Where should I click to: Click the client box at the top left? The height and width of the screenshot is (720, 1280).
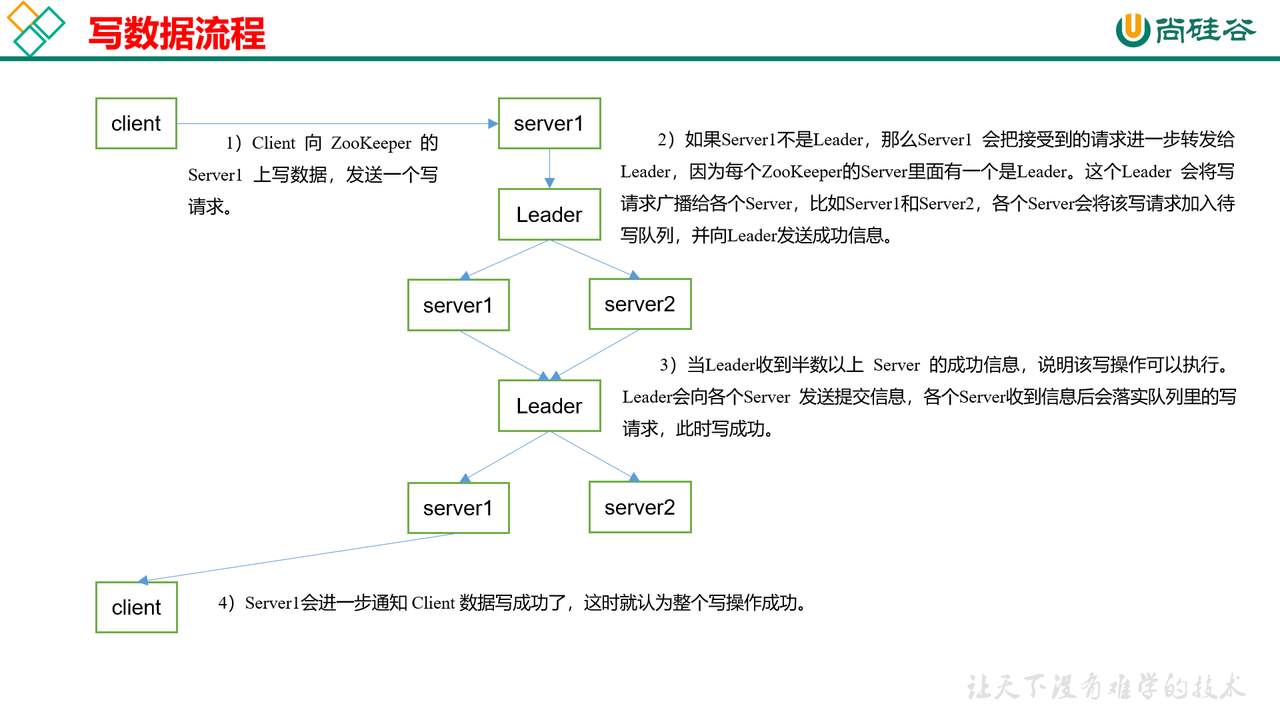(136, 123)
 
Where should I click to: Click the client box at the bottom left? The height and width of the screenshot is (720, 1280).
(136, 607)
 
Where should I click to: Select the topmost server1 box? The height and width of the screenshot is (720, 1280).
(549, 123)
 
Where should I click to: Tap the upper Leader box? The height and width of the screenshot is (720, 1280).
(549, 215)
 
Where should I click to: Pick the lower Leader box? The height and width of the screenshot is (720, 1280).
(549, 406)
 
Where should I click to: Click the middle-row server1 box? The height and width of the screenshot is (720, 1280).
(458, 305)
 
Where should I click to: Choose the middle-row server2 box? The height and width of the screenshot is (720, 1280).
(639, 304)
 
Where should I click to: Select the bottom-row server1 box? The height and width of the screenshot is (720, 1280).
(458, 508)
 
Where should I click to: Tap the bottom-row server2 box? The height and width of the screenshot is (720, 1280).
(639, 507)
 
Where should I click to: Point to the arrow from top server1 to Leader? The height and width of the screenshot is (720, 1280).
(549, 168)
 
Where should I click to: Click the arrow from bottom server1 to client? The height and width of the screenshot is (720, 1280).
(297, 557)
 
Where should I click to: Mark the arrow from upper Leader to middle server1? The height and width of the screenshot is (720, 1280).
(507, 259)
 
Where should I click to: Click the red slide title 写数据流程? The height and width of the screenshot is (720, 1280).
(177, 33)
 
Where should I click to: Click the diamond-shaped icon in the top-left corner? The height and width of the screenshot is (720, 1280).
(35, 28)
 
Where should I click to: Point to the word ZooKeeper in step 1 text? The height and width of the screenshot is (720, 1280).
(371, 143)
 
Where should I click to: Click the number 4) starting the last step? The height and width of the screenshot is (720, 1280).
(226, 603)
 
